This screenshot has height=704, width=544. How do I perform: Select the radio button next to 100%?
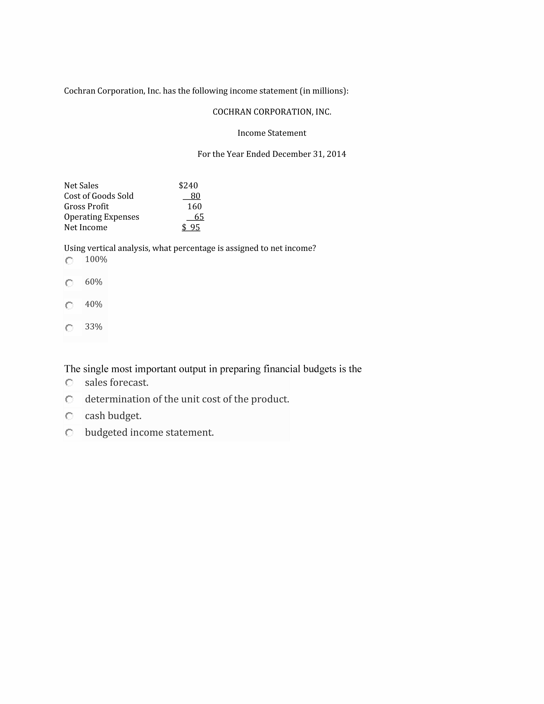[69, 260]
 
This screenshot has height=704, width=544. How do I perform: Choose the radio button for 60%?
[69, 283]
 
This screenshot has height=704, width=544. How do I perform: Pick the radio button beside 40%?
[69, 305]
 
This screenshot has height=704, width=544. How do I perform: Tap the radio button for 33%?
[69, 328]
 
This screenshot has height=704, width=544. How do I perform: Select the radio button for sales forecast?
[69, 383]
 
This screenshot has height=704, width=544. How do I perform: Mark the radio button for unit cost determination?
[69, 399]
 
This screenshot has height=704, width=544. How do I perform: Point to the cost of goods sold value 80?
[195, 196]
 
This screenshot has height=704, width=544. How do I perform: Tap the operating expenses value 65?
[199, 217]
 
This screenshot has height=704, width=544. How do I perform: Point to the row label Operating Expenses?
[102, 217]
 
